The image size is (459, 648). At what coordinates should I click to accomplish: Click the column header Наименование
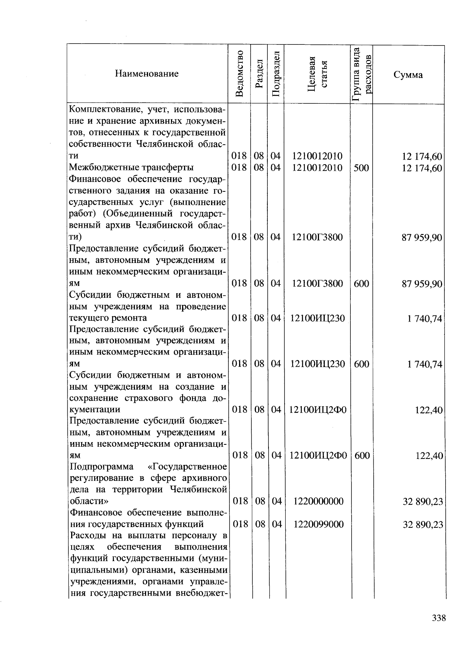click(x=147, y=74)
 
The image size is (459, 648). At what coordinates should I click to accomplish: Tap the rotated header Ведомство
click(x=239, y=73)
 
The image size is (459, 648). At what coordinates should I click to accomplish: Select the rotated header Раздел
click(x=259, y=73)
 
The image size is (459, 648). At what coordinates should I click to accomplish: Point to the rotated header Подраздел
click(x=276, y=73)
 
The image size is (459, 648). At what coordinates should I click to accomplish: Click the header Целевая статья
click(x=317, y=73)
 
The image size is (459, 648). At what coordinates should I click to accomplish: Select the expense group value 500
click(x=361, y=168)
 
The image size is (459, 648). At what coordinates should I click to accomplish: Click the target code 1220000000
click(x=318, y=501)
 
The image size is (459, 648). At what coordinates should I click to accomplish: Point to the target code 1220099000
click(x=318, y=524)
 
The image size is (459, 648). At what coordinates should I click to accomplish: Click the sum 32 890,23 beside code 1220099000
click(x=423, y=524)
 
